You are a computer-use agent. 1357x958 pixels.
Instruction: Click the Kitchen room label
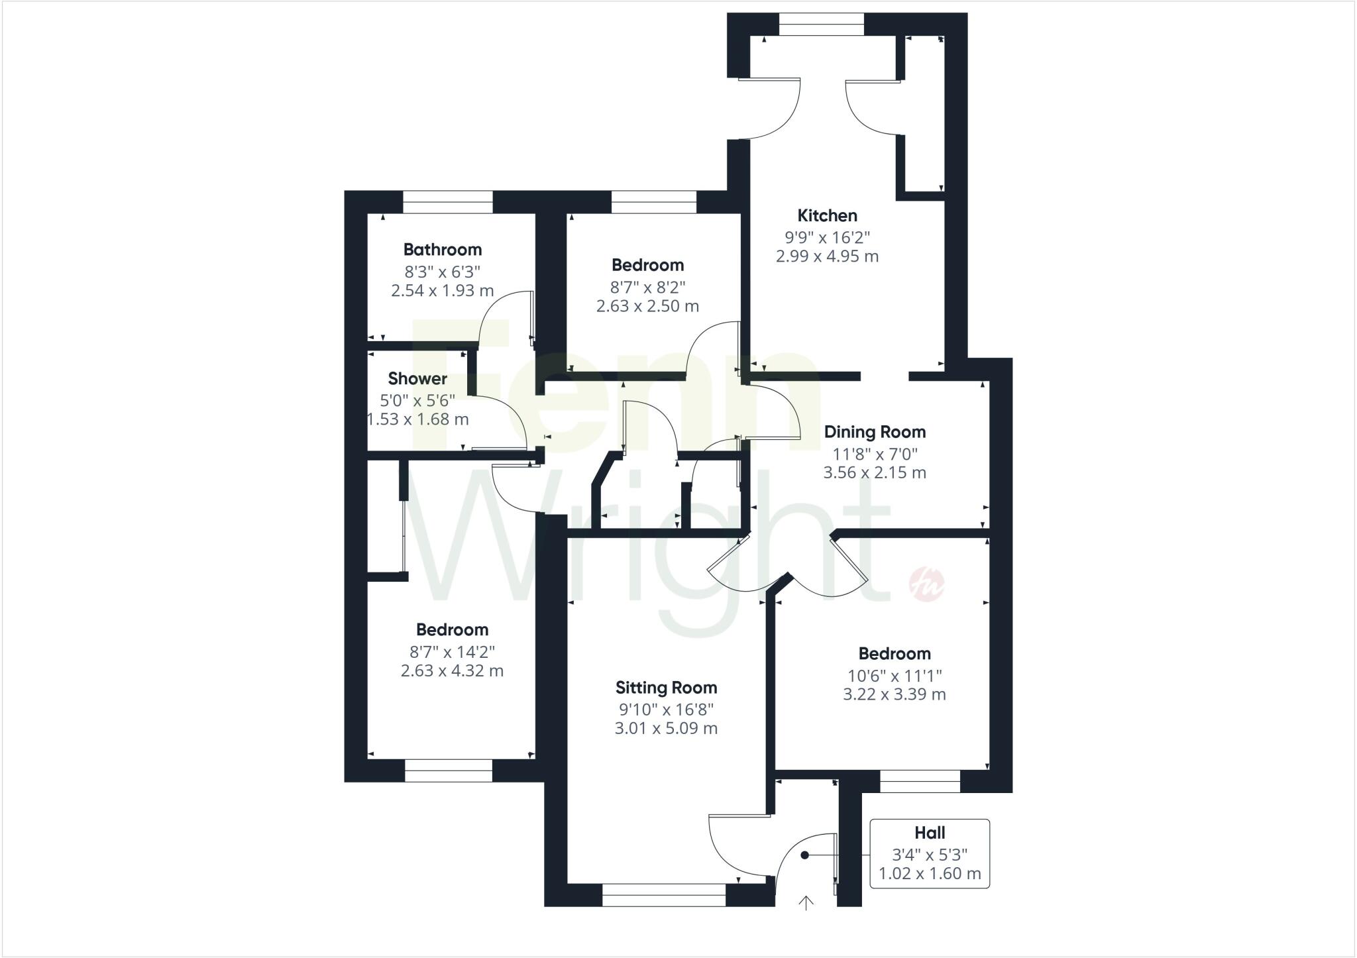point(827,215)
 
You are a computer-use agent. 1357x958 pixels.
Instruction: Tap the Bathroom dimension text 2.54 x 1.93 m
point(442,290)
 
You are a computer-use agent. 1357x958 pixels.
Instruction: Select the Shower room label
point(417,378)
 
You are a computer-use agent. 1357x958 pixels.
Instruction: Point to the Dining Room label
point(875,432)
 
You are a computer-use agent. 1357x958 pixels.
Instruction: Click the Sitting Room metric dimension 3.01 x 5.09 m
point(666,728)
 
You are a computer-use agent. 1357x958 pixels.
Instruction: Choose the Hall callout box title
point(930,833)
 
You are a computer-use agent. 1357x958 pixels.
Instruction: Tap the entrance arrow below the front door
point(806,902)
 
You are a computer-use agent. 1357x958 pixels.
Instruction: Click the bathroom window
point(448,201)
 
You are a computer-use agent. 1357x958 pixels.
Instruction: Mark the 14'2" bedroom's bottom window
point(449,771)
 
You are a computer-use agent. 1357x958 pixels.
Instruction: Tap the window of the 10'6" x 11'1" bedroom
point(920,781)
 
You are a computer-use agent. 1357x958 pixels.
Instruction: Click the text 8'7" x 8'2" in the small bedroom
point(647,287)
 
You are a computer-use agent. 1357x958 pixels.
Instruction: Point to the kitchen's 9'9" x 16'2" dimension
point(827,237)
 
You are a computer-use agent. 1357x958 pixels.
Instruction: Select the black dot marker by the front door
point(804,855)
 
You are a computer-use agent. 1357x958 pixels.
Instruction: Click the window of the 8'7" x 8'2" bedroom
point(653,201)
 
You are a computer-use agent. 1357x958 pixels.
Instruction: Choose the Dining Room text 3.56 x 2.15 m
point(875,472)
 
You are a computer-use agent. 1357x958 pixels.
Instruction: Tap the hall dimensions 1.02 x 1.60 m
point(930,873)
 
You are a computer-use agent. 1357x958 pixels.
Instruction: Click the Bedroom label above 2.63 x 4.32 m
point(452,629)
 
